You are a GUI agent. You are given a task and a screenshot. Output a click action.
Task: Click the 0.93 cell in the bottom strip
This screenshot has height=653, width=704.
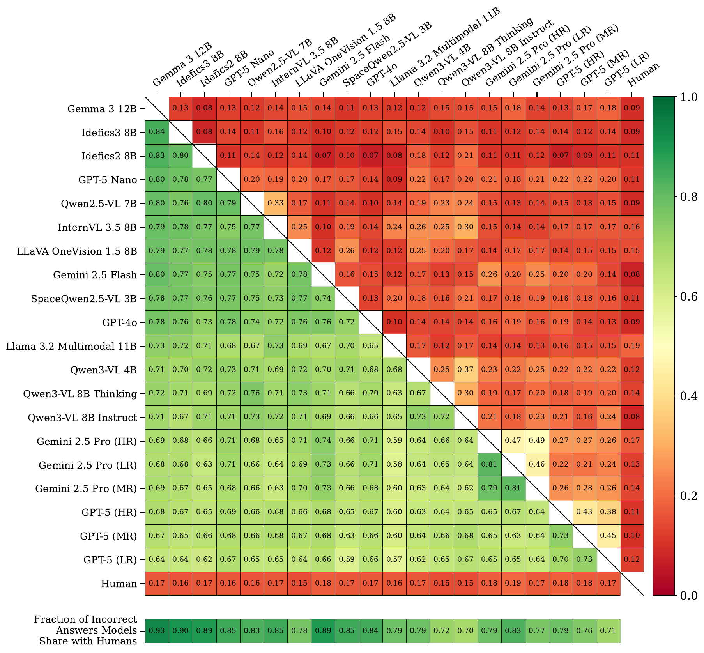tap(157, 630)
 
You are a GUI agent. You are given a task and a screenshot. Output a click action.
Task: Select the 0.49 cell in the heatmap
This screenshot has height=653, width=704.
tap(537, 441)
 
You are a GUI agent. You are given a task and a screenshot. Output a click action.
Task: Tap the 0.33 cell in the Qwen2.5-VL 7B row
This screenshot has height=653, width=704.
tap(276, 203)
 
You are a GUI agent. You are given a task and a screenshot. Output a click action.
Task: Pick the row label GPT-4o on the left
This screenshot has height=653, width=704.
tap(119, 322)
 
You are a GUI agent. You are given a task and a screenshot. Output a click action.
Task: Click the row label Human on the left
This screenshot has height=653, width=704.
tap(119, 584)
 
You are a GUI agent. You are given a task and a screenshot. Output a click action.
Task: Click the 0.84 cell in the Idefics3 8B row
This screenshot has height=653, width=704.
tap(157, 132)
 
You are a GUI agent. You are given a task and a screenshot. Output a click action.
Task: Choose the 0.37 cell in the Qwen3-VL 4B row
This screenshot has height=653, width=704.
tap(465, 369)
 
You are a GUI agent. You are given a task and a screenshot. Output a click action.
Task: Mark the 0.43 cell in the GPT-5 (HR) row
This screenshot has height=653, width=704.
tap(584, 512)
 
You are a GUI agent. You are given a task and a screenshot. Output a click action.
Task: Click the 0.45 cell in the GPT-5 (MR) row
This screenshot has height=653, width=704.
tap(608, 536)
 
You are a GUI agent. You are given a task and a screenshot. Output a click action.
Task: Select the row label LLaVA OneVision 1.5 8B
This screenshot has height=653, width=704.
tap(77, 251)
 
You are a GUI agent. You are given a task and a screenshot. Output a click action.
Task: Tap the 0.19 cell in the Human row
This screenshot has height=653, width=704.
tap(513, 583)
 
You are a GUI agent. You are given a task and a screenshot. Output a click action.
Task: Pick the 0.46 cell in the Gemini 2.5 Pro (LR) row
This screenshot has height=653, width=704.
tap(537, 464)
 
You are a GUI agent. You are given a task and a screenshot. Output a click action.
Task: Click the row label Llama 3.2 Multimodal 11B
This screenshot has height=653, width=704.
tap(71, 346)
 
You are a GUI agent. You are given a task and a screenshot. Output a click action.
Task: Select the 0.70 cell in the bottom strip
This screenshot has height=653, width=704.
tap(465, 630)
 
